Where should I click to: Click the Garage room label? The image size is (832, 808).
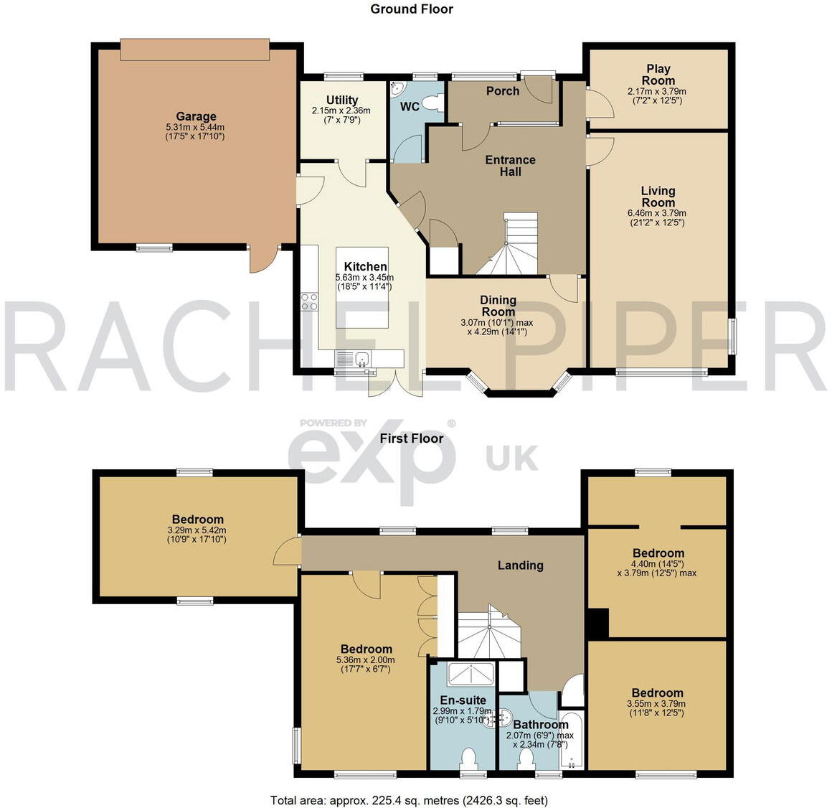pyautogui.click(x=196, y=116)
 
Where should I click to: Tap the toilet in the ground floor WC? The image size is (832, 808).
pyautogui.click(x=431, y=103)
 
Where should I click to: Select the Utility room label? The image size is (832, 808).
pyautogui.click(x=342, y=100)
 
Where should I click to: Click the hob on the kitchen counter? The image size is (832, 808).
pyautogui.click(x=310, y=302)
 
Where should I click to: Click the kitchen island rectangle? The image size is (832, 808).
pyautogui.click(x=363, y=287)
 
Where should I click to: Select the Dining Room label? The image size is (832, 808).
pyautogui.click(x=498, y=306)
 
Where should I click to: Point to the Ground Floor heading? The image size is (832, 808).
pyautogui.click(x=412, y=9)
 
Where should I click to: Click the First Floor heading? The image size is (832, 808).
pyautogui.click(x=412, y=438)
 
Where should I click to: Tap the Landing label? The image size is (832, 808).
pyautogui.click(x=520, y=565)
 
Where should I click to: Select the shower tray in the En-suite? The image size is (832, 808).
pyautogui.click(x=470, y=675)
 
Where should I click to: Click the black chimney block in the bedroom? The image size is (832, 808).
pyautogui.click(x=597, y=622)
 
